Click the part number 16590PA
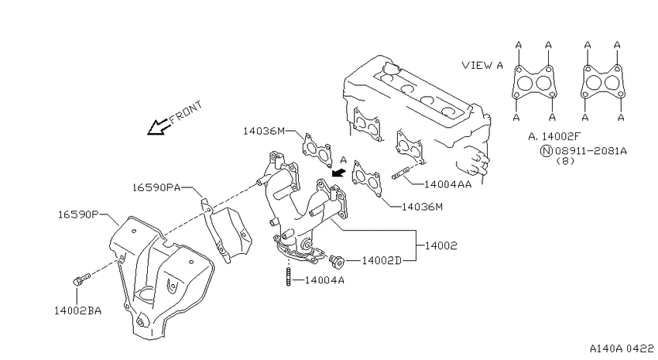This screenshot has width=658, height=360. click(156, 187)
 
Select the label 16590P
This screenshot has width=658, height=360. click(78, 214)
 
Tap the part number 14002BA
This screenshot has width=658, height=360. click(77, 310)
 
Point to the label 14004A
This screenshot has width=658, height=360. click(324, 279)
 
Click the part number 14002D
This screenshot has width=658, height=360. click(382, 261)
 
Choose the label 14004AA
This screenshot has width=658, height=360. click(447, 184)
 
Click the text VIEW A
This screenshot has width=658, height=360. click(482, 65)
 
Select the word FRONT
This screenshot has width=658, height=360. click(186, 112)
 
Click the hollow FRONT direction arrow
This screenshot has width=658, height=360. click(159, 126)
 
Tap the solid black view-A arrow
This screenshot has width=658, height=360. click(338, 172)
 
